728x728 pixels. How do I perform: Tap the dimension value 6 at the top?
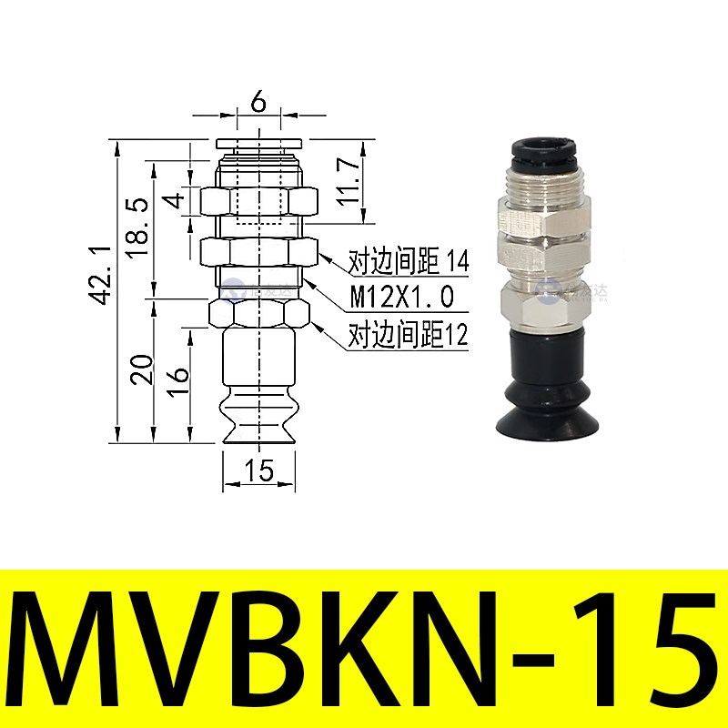[x=258, y=102]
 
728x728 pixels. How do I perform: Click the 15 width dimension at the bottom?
[x=259, y=470]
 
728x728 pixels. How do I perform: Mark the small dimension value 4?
[x=177, y=197]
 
